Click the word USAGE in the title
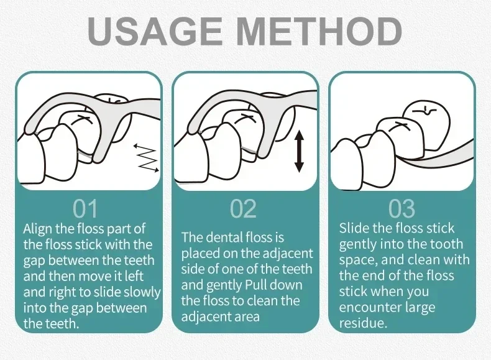click(x=155, y=30)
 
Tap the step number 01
click(x=85, y=209)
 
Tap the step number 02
click(x=243, y=209)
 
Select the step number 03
click(x=402, y=209)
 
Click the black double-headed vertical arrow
click(x=299, y=151)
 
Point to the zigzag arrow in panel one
click(x=147, y=158)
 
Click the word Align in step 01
click(x=37, y=229)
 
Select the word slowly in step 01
click(x=142, y=293)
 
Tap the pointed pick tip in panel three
click(x=402, y=157)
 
